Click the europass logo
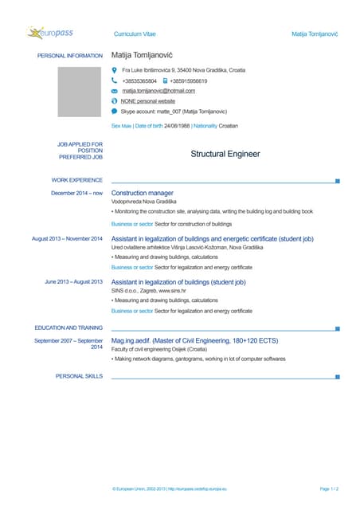pyautogui.click(x=55, y=33)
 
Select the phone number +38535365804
pyautogui.click(x=139, y=80)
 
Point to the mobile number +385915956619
pyautogui.click(x=190, y=80)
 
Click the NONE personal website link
pyautogui.click(x=147, y=101)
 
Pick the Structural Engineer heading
pyautogui.click(x=225, y=154)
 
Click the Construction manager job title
pyautogui.click(x=143, y=193)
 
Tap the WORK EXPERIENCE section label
pyautogui.click(x=76, y=181)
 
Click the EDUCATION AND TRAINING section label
pyautogui.click(x=68, y=328)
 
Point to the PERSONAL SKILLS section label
pyautogui.click(x=79, y=375)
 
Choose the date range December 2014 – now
pyautogui.click(x=76, y=193)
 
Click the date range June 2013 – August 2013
pyautogui.click(x=73, y=281)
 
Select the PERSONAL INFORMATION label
pyautogui.click(x=70, y=56)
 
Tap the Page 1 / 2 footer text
pyautogui.click(x=329, y=487)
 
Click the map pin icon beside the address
pyautogui.click(x=115, y=70)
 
